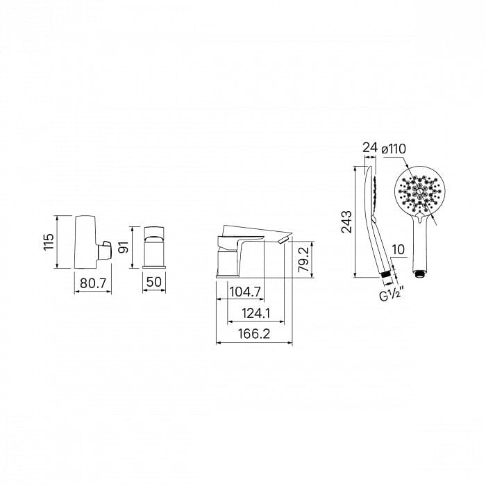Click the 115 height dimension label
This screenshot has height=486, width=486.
click(x=49, y=242)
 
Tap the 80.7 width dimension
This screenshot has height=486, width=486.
click(x=93, y=283)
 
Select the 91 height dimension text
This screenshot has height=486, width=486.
click(x=124, y=247)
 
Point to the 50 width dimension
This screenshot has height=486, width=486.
click(x=154, y=282)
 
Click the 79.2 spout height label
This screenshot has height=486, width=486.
click(x=303, y=260)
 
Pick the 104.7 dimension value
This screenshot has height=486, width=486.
click(x=246, y=292)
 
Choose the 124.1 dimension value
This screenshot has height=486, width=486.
click(x=256, y=313)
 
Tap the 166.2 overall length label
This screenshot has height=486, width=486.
click(x=254, y=334)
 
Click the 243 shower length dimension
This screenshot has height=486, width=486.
click(x=346, y=221)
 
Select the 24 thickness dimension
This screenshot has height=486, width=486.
click(x=370, y=147)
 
